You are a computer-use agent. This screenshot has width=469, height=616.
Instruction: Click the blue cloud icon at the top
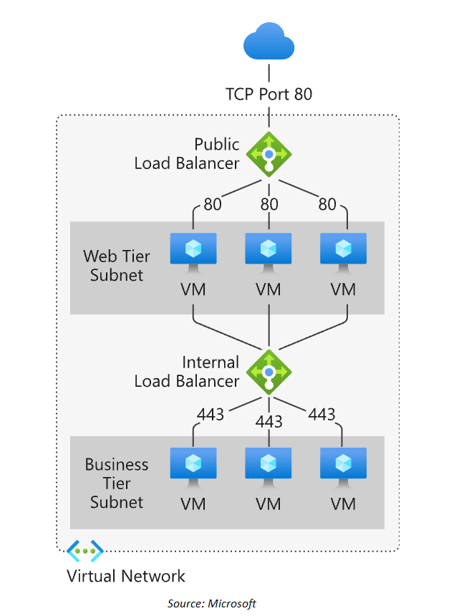pos(269,42)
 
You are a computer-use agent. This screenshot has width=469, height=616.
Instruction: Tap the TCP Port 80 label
pos(269,94)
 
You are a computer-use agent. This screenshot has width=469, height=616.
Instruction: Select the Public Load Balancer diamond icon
pos(269,153)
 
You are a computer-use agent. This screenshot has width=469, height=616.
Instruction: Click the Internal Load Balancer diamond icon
pos(269,372)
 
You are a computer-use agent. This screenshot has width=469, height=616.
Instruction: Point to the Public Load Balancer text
pos(187,153)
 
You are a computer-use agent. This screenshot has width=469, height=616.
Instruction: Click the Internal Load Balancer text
pos(187,372)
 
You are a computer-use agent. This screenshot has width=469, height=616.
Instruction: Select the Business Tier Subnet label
pos(117,483)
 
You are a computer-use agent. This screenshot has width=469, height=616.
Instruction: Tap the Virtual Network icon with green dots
pos(84,551)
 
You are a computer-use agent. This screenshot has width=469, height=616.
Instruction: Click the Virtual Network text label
pos(126,576)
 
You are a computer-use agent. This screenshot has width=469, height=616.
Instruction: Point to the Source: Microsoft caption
pos(212,603)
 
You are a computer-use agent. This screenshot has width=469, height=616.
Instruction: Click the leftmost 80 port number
pos(213,204)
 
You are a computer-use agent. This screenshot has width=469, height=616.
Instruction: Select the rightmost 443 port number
pos(321,414)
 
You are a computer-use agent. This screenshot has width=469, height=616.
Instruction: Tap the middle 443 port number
pos(269,422)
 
